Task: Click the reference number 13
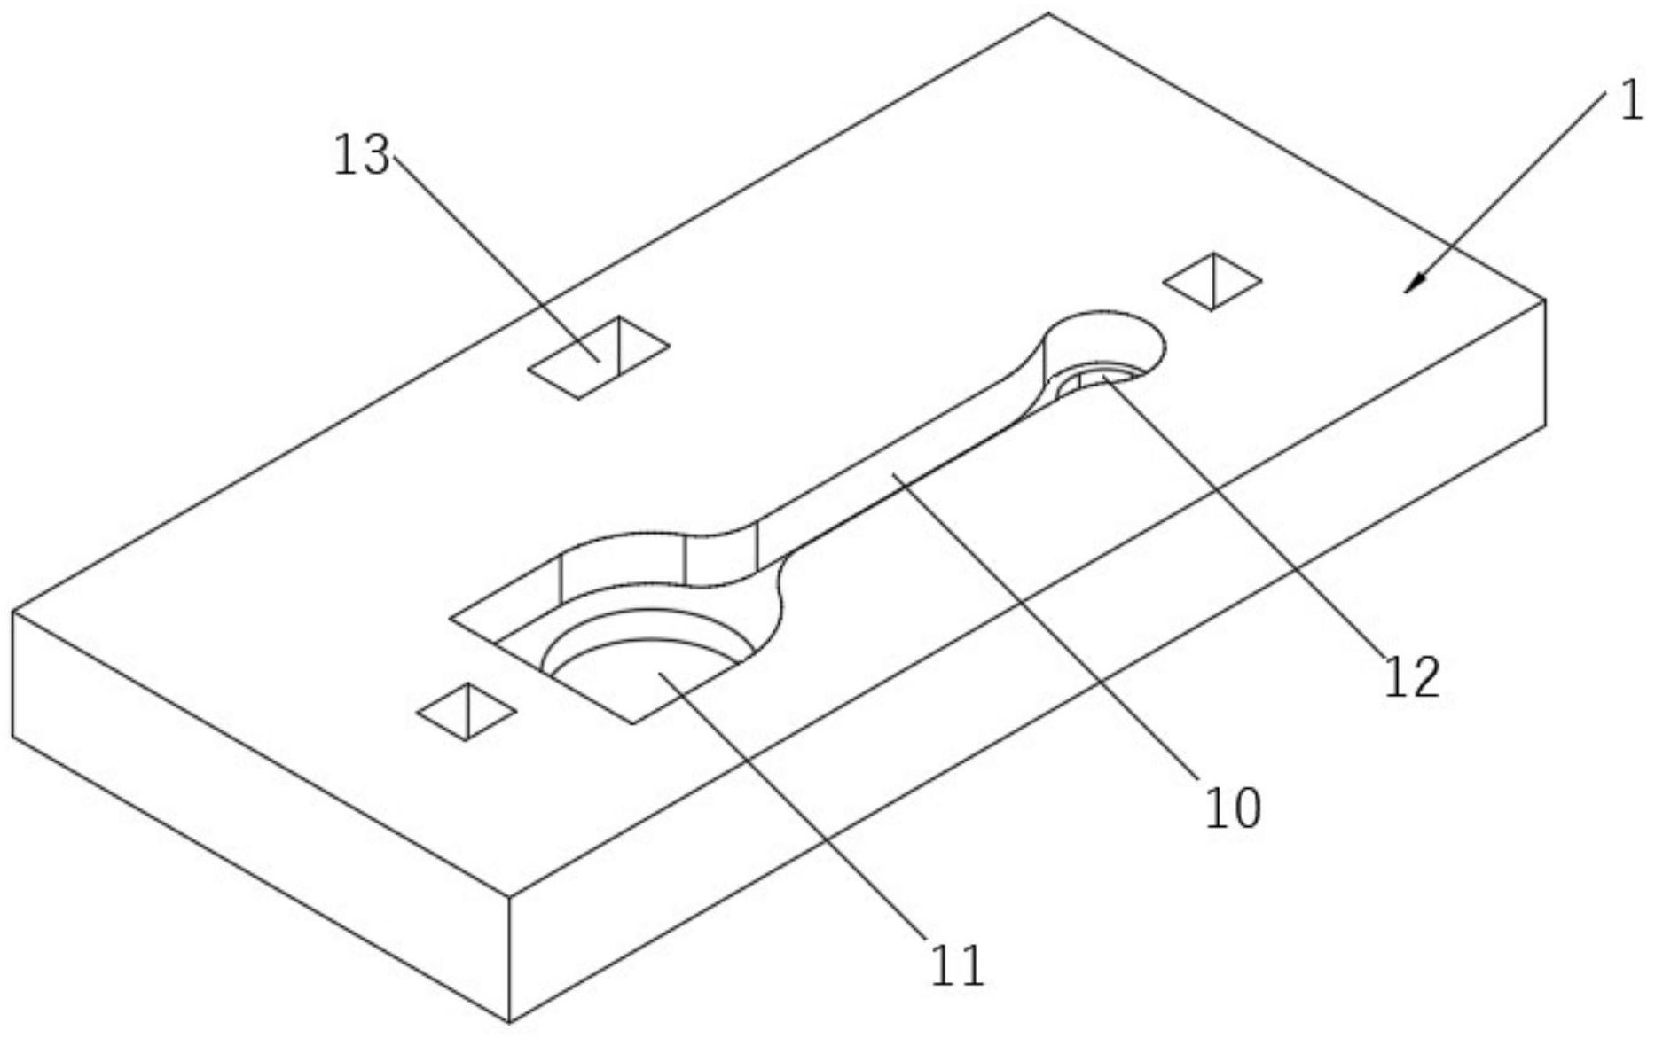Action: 361,156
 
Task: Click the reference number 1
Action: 1630,104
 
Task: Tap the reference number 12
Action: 1412,677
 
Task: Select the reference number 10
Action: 1232,808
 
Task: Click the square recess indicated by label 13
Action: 598,357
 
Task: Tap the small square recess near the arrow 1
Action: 1212,281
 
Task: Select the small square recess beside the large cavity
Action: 467,711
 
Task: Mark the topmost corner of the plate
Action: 1048,13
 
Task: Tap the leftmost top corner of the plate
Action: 12,611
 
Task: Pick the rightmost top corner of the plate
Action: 1546,299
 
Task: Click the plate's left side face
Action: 257,816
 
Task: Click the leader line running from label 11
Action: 798,816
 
